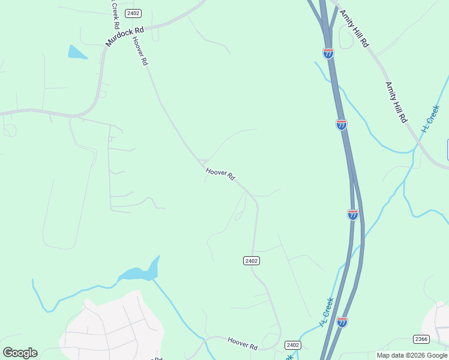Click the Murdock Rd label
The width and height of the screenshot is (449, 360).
pos(125,37)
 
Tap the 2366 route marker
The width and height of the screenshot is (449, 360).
pos(421,339)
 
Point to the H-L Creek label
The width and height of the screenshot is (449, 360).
pos(431,118)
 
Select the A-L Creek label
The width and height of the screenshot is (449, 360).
pos(327,312)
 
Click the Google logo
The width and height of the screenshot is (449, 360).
pos(20,353)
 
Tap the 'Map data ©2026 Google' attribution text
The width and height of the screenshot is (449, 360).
pos(412,355)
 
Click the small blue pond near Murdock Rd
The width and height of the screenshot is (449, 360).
pos(77,53)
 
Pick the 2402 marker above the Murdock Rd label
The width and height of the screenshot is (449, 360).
pos(133,13)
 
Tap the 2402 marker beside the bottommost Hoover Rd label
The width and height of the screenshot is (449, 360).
pos(293,345)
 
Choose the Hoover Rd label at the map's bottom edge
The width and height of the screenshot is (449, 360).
pos(243,343)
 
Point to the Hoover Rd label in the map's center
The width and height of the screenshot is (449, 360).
pos(220,175)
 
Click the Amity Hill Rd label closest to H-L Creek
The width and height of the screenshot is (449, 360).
pos(396,103)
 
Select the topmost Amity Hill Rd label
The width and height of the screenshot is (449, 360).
pos(354,29)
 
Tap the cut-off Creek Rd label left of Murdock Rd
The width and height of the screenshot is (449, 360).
pos(113,14)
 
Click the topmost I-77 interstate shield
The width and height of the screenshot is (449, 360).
pos(328,53)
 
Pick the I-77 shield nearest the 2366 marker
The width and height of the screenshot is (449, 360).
pos(342,322)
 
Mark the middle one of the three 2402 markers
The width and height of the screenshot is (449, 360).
pos(252,260)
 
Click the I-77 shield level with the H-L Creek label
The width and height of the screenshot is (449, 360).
pos(341,125)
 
